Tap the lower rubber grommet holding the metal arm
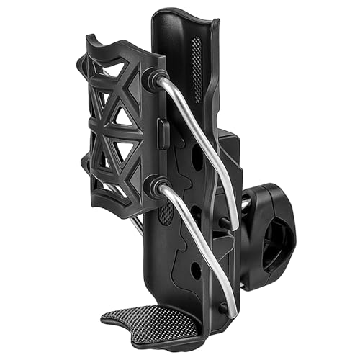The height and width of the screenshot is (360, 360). pyautogui.click(x=154, y=188)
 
